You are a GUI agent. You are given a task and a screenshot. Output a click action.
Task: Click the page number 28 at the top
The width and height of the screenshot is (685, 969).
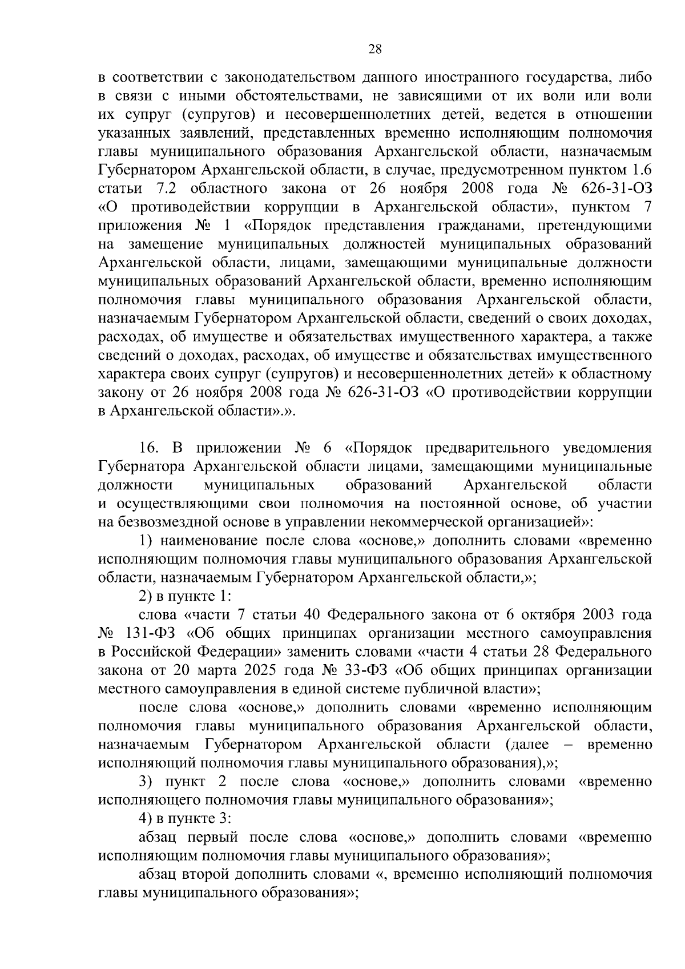pyautogui.click(x=374, y=49)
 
